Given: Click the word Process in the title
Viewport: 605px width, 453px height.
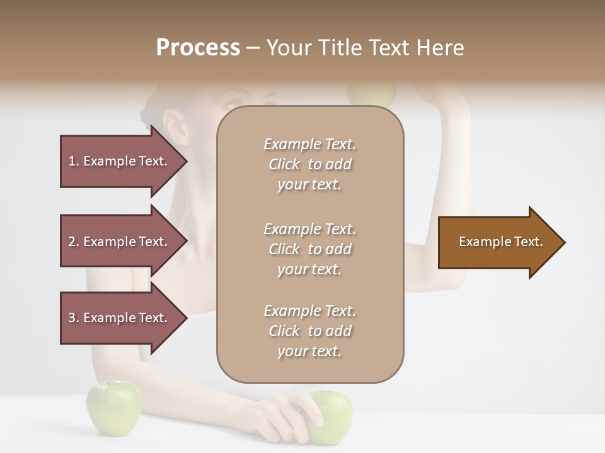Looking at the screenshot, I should pyautogui.click(x=198, y=48).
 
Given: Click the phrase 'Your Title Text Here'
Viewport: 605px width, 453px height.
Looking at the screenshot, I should pyautogui.click(x=366, y=48).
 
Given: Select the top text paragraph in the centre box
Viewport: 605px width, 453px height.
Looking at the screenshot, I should pyautogui.click(x=309, y=164).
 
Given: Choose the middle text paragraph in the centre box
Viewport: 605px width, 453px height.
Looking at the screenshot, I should pyautogui.click(x=309, y=249).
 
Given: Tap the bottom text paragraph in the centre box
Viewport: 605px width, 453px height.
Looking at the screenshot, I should pyautogui.click(x=309, y=331).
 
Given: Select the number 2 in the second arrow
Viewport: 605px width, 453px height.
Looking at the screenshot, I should pyautogui.click(x=72, y=242).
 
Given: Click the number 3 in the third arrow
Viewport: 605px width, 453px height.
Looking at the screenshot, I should pyautogui.click(x=72, y=318).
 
